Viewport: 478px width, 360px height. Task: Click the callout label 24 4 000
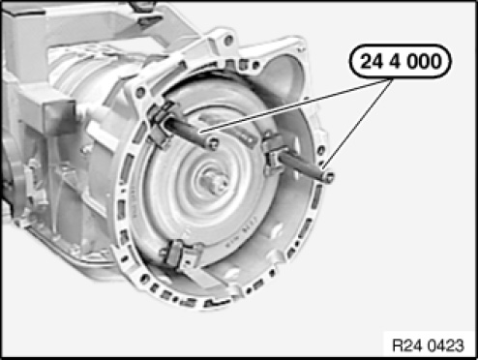pos(401,61)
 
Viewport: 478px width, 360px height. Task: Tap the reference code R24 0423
pos(428,345)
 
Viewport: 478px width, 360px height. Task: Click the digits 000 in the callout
pos(424,61)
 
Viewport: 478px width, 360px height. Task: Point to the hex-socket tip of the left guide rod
pos(213,143)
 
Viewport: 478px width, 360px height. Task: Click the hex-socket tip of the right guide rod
pos(328,177)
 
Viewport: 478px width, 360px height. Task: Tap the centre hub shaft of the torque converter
pos(216,183)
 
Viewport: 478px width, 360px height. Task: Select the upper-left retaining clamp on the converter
pos(161,124)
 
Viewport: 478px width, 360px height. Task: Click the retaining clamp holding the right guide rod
pos(275,153)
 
